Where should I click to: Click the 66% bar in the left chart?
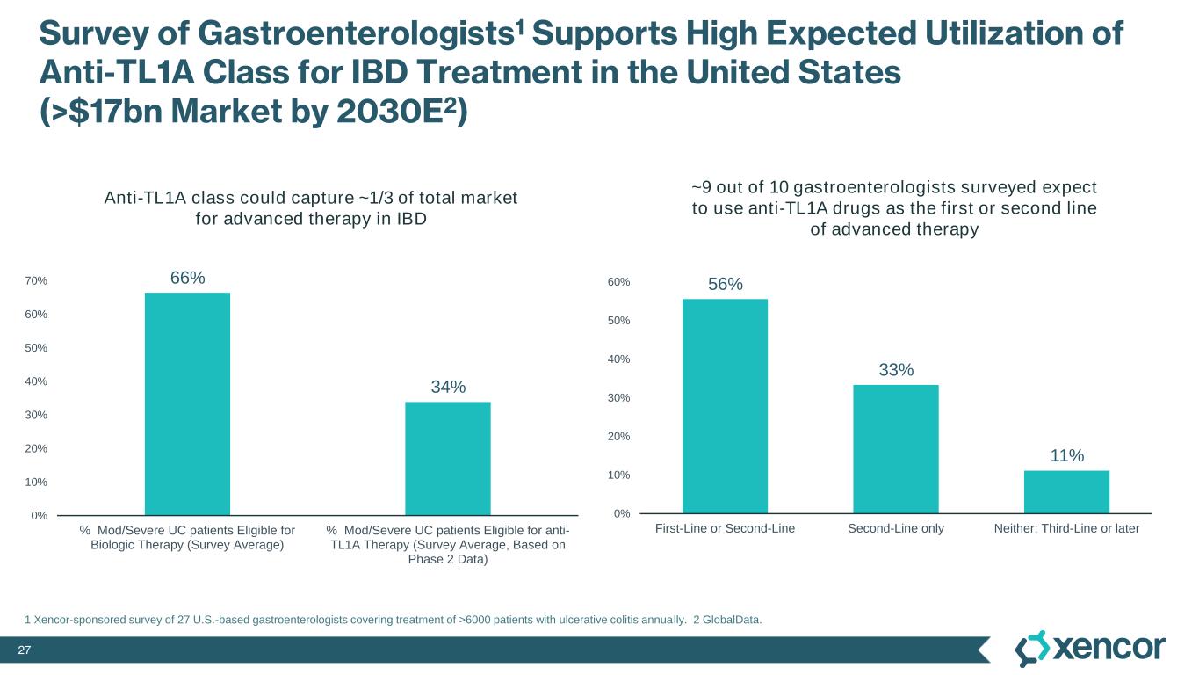(x=187, y=403)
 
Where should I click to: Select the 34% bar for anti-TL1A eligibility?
(x=447, y=458)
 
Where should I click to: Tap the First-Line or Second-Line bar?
(x=725, y=406)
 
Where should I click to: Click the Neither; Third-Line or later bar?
(x=1066, y=491)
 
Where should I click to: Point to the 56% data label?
(x=726, y=284)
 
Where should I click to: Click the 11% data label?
(x=1066, y=455)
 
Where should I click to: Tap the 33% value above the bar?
(x=896, y=370)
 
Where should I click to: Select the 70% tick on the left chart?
(x=36, y=281)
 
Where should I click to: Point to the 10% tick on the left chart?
(x=36, y=483)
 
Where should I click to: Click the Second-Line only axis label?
(x=896, y=528)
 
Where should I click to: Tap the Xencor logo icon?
(x=1031, y=649)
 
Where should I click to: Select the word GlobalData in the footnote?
(x=732, y=621)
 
